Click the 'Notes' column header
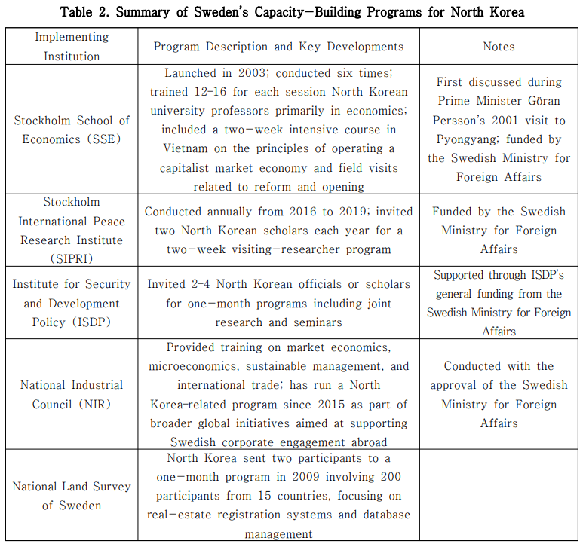(x=499, y=47)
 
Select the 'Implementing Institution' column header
(x=71, y=47)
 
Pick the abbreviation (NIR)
(x=94, y=404)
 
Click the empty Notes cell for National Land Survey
(x=499, y=496)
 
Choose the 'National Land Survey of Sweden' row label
(x=71, y=496)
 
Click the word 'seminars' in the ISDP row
(x=318, y=322)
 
